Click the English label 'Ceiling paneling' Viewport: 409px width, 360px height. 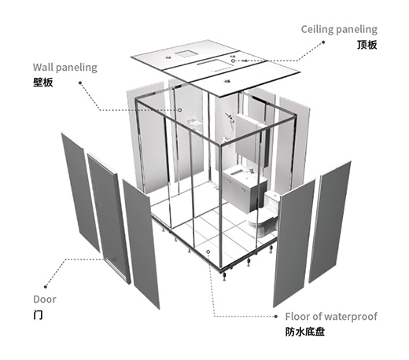pos(339,30)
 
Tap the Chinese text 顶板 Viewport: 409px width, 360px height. pos(367,45)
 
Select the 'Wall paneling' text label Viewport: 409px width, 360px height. pos(65,68)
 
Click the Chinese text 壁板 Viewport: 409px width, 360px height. pos(43,83)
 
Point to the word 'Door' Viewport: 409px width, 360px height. pos(45,299)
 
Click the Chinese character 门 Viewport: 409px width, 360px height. pos(38,314)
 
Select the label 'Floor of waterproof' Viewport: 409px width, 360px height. pos(331,317)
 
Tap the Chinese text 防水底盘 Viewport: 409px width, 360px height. pos(305,332)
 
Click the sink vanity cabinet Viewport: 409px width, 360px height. pos(245,189)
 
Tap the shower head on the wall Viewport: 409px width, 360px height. pos(229,116)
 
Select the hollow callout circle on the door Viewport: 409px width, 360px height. pos(115,259)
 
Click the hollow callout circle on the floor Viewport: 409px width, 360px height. pos(208,252)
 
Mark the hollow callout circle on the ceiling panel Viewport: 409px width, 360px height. pos(233,61)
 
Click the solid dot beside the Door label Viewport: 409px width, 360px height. pos(46,287)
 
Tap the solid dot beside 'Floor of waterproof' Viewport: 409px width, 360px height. pos(275,317)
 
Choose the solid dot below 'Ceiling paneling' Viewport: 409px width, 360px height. pos(323,42)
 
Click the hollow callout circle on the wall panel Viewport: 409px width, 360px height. pos(180,110)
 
